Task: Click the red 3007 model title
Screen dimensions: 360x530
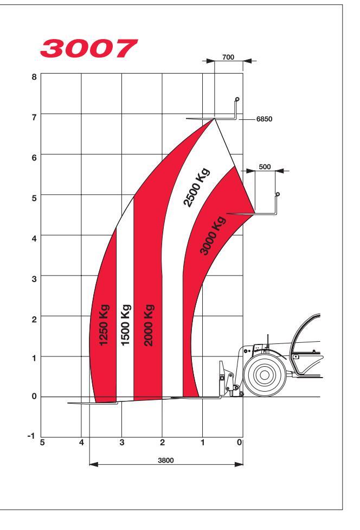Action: [x=89, y=48]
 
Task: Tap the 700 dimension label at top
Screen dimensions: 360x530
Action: [x=228, y=57]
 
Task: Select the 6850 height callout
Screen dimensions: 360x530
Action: [x=264, y=119]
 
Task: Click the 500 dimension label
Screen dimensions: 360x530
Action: [x=265, y=167]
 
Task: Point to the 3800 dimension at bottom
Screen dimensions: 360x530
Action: [x=166, y=460]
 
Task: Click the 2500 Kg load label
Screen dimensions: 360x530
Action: [x=197, y=187]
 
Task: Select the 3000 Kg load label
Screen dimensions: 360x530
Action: [x=213, y=235]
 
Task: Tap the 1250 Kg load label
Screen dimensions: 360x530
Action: [x=104, y=325]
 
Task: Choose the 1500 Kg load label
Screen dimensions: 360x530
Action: [x=126, y=325]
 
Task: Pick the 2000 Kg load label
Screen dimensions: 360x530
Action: [x=149, y=325]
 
